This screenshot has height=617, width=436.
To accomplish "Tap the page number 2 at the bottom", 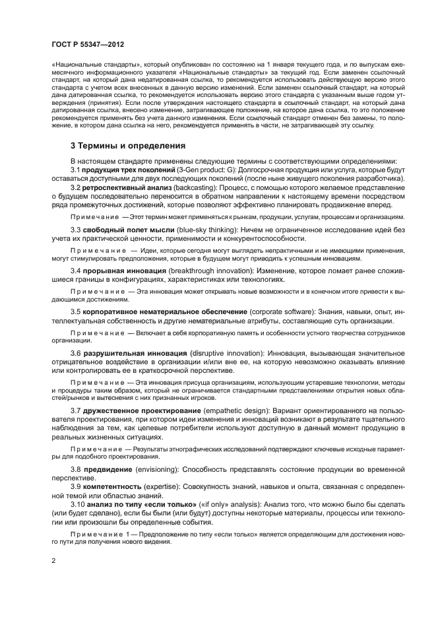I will (52, 560).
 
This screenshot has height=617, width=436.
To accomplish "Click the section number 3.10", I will (78, 503).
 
